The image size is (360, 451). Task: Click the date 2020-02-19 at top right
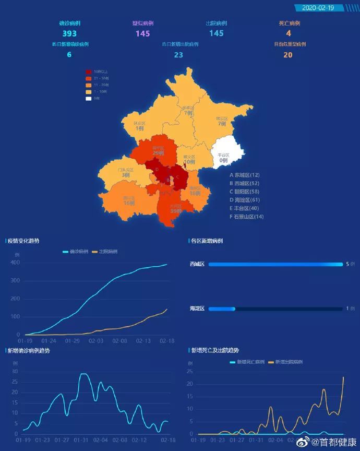pyautogui.click(x=318, y=8)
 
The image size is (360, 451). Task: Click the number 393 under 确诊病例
pyautogui.click(x=69, y=33)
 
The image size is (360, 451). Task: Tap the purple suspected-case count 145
pyautogui.click(x=143, y=33)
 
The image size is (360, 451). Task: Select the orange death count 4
pyautogui.click(x=289, y=33)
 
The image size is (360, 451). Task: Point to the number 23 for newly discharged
pyautogui.click(x=178, y=54)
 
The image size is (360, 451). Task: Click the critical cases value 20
pyautogui.click(x=288, y=54)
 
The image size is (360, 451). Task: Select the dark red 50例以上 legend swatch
pyautogui.click(x=89, y=72)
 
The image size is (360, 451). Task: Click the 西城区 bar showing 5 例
pyautogui.click(x=275, y=264)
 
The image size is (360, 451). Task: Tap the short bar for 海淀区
pyautogui.click(x=222, y=309)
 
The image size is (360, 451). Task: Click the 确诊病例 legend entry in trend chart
pyautogui.click(x=75, y=252)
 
